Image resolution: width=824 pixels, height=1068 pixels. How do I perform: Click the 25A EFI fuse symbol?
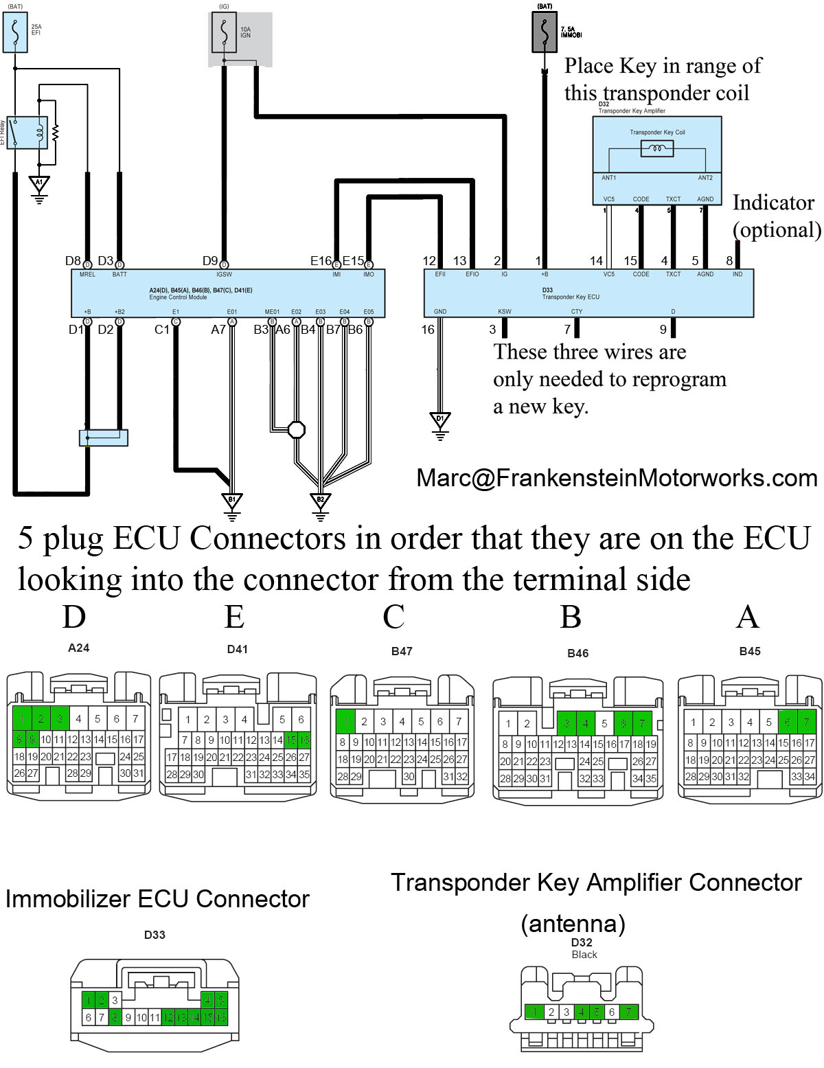click(x=15, y=32)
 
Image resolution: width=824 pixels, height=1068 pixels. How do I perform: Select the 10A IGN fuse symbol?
click(x=224, y=32)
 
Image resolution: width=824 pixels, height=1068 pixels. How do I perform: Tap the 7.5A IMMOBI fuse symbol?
click(x=545, y=32)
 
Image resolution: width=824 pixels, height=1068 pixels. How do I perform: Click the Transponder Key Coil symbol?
click(x=656, y=148)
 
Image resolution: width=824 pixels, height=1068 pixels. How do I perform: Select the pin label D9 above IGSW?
click(x=210, y=260)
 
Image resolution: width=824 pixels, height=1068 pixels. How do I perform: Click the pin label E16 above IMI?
click(x=321, y=260)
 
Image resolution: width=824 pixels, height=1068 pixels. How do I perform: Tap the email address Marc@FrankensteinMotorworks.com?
click(x=617, y=478)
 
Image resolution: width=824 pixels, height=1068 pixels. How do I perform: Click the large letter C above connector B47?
click(x=393, y=617)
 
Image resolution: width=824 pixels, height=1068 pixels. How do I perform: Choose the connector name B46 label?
click(x=577, y=653)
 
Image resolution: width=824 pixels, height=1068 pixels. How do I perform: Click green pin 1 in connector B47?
click(x=344, y=721)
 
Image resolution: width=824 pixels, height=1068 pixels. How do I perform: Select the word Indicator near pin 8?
click(x=773, y=203)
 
